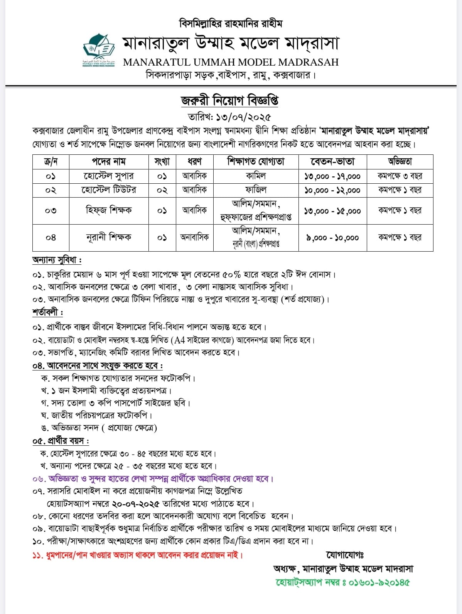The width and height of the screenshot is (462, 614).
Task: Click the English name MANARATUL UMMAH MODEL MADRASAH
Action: click(x=231, y=62)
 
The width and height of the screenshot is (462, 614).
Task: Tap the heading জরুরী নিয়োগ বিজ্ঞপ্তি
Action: click(x=230, y=101)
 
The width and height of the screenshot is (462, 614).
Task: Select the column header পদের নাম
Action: click(x=109, y=161)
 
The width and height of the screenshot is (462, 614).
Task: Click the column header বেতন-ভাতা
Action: click(x=332, y=161)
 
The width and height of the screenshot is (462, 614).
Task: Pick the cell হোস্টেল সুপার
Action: click(x=109, y=176)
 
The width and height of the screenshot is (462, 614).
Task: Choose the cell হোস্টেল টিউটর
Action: click(x=109, y=190)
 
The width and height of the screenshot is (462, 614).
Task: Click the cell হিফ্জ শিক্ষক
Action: click(x=109, y=210)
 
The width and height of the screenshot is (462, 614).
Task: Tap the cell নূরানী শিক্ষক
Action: click(x=109, y=237)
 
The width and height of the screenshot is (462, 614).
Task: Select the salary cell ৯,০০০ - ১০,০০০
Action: click(x=332, y=238)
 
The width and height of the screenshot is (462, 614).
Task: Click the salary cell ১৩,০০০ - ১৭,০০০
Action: click(x=332, y=176)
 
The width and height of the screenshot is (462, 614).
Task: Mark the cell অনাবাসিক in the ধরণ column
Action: click(x=195, y=237)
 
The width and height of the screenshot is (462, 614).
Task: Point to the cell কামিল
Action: click(x=256, y=176)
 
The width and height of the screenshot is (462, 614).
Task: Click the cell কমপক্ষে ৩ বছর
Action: click(x=400, y=176)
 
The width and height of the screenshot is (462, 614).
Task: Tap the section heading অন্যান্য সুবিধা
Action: click(x=57, y=260)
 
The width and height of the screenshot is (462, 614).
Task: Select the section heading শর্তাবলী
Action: click(x=48, y=312)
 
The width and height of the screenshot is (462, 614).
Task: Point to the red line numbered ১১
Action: click(x=138, y=555)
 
